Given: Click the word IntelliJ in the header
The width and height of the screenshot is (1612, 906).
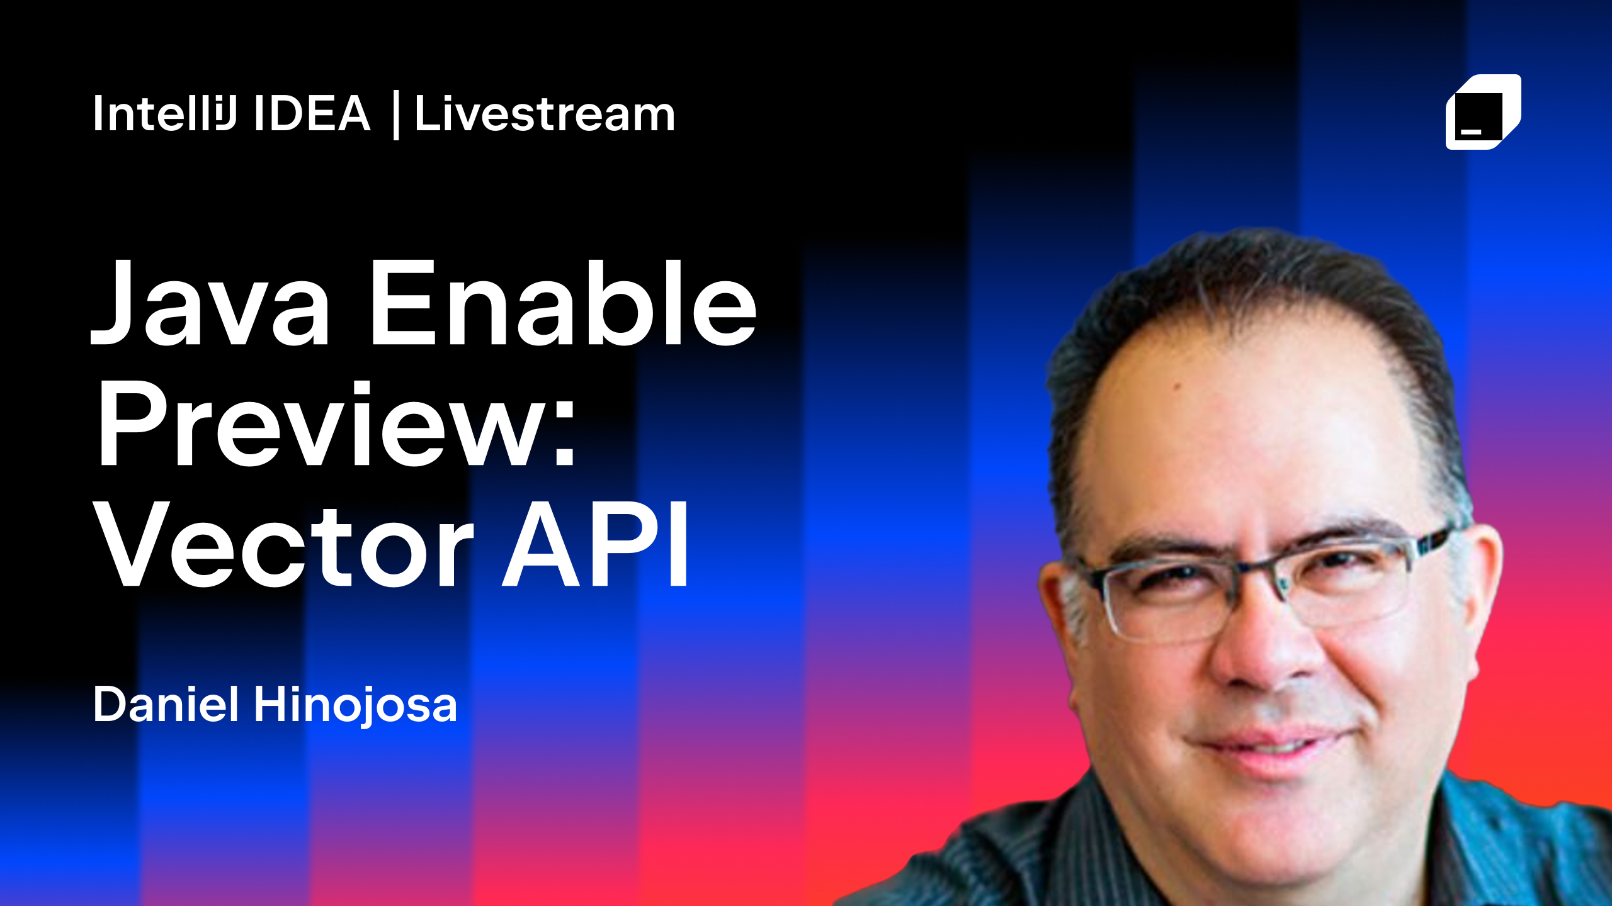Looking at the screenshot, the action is (165, 113).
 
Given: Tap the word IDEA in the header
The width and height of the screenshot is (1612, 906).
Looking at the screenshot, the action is (312, 114).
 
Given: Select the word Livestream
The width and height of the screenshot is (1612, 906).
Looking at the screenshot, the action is (545, 114).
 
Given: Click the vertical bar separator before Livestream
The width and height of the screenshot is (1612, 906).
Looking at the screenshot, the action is (395, 115).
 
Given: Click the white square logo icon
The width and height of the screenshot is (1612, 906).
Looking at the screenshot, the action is (1483, 112).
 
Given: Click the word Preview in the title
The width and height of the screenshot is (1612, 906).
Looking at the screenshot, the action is (321, 423).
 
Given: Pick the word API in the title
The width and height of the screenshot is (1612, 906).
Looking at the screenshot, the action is (595, 544).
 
